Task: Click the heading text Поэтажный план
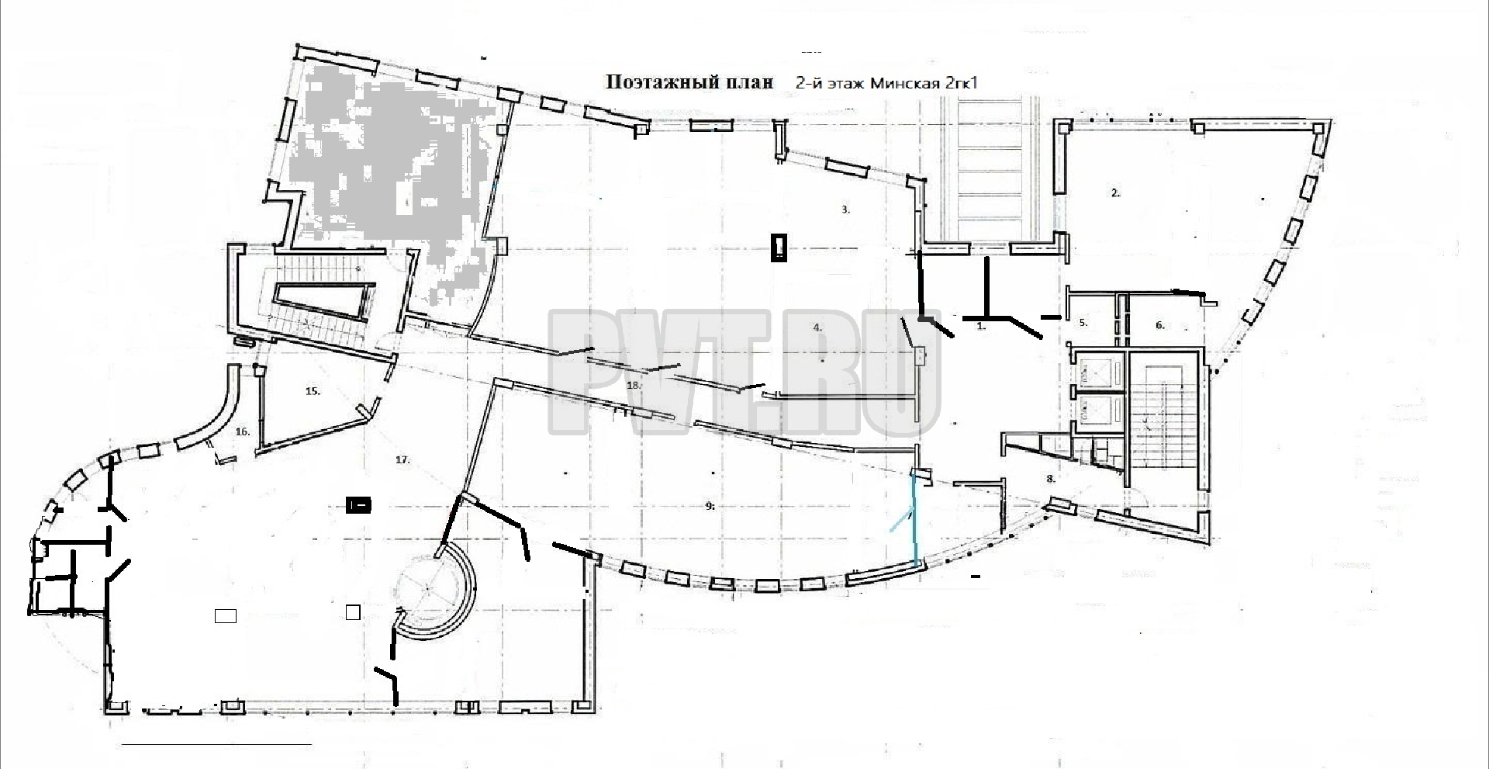[689, 82]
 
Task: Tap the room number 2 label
[1116, 193]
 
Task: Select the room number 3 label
[847, 210]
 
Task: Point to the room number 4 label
[817, 327]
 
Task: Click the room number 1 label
[981, 327]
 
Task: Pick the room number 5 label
[1083, 322]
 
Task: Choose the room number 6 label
[1160, 325]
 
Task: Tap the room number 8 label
[1051, 479]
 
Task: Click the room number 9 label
[710, 506]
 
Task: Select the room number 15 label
[313, 391]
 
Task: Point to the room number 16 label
[243, 431]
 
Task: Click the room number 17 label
[402, 460]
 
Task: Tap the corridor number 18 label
[634, 385]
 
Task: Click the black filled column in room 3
[779, 248]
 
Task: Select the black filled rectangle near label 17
[358, 506]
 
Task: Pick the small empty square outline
[353, 613]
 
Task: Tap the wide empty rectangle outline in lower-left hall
[225, 616]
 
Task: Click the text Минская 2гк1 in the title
[923, 83]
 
